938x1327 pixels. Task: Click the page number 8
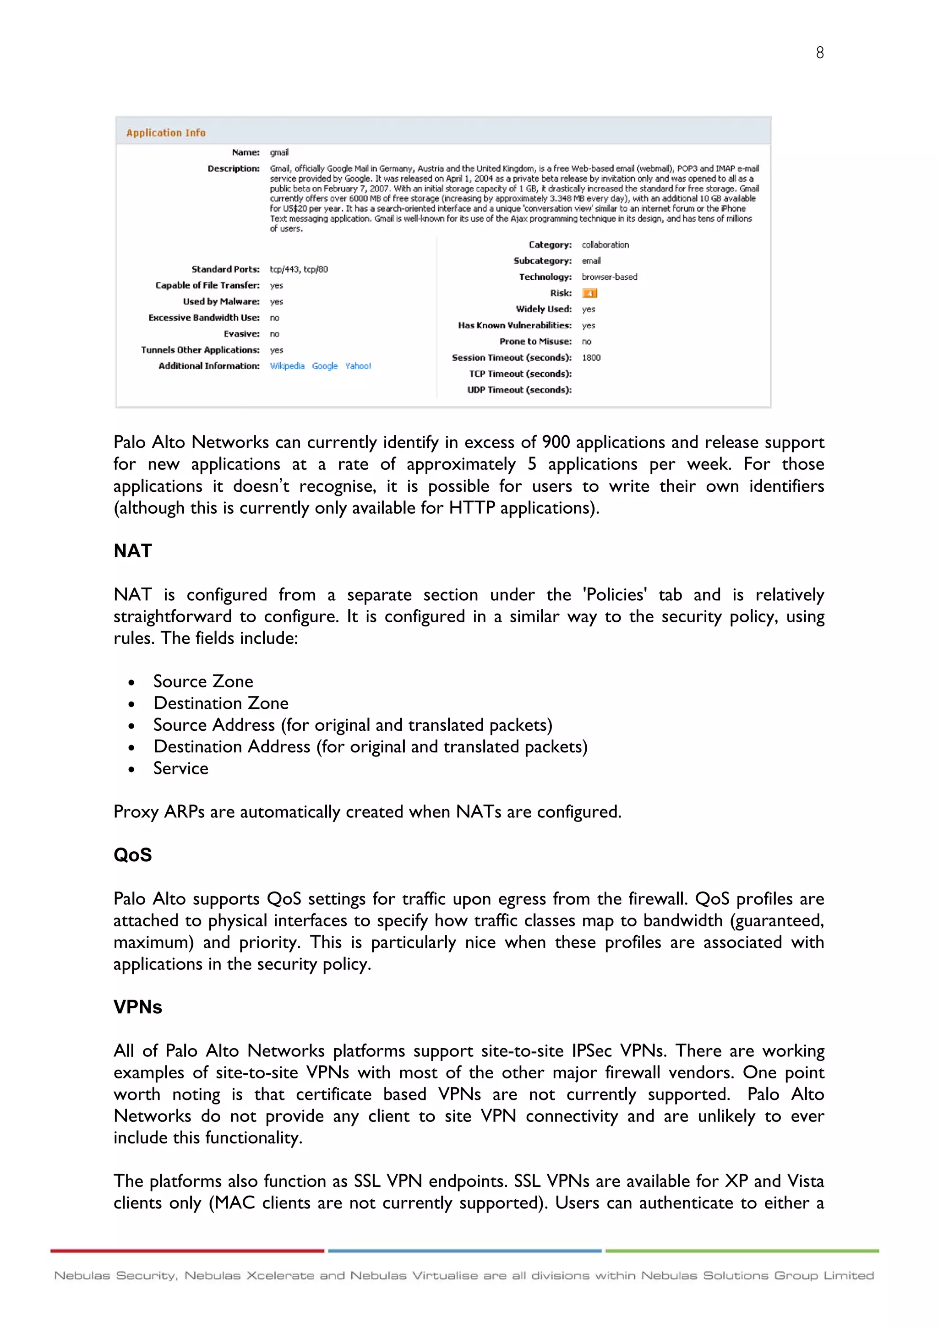[819, 53]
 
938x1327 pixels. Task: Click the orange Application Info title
[166, 133]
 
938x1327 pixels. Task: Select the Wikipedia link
[287, 366]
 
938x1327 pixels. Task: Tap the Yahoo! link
[358, 366]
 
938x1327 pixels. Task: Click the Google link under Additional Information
[325, 366]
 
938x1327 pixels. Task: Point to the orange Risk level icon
[589, 293]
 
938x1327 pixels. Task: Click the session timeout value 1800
[591, 358]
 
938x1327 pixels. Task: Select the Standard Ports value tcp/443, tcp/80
[299, 269]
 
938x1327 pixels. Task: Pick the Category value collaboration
[605, 245]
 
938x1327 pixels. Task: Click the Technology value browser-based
[609, 277]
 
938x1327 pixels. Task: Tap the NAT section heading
[133, 551]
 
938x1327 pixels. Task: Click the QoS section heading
[133, 855]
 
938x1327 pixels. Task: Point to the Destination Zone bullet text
[221, 703]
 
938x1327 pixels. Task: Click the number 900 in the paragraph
[556, 442]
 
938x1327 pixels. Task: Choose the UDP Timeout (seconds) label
[519, 390]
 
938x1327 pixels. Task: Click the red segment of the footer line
[187, 1251]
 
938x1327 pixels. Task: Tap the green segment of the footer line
[742, 1251]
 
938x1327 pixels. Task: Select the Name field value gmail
[279, 152]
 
